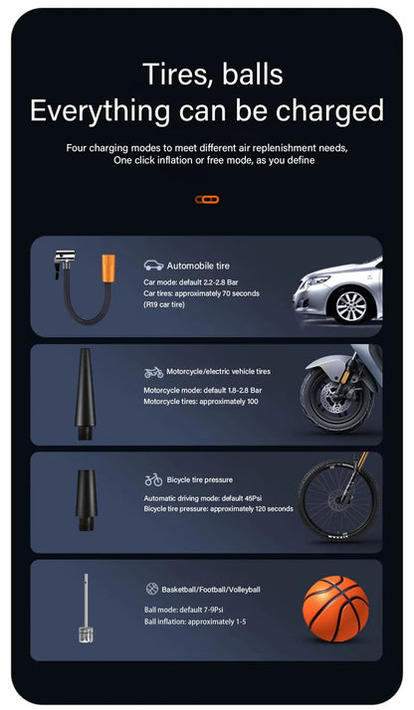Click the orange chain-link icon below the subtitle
click(x=206, y=200)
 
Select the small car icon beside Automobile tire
click(x=153, y=266)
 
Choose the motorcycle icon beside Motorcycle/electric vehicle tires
click(x=153, y=372)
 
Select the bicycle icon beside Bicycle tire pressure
click(x=153, y=479)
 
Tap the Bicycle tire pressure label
click(x=199, y=479)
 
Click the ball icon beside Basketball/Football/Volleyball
click(x=152, y=589)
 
